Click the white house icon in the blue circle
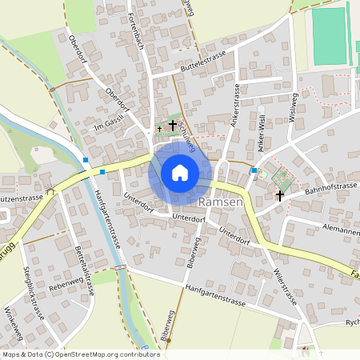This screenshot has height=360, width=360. [179, 172]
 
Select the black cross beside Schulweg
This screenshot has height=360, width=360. [172, 126]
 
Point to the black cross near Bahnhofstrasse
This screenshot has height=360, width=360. [280, 195]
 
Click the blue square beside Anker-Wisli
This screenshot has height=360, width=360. [254, 170]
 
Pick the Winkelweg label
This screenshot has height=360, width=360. [14, 323]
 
